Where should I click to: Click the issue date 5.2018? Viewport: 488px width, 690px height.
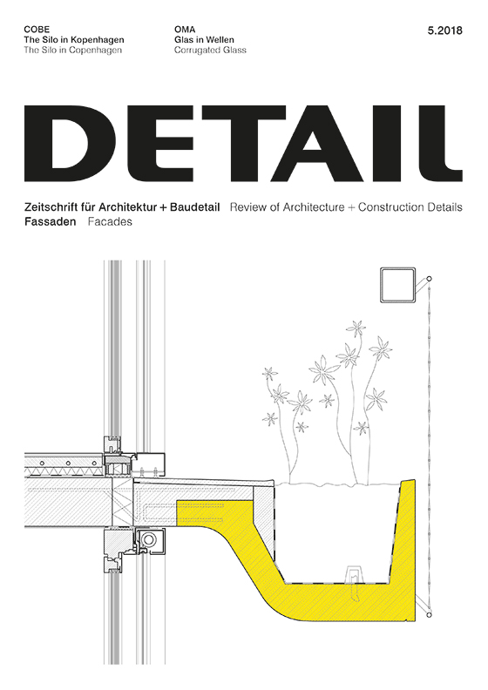(444, 30)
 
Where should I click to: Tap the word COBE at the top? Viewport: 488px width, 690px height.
(37, 30)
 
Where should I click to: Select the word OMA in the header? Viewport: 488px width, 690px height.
(185, 30)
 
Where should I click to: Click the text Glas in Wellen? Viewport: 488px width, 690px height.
(204, 40)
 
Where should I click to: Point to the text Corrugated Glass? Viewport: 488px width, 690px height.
(210, 51)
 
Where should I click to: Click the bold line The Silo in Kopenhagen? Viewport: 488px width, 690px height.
(74, 40)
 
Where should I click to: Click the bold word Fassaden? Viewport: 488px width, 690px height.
(51, 222)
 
